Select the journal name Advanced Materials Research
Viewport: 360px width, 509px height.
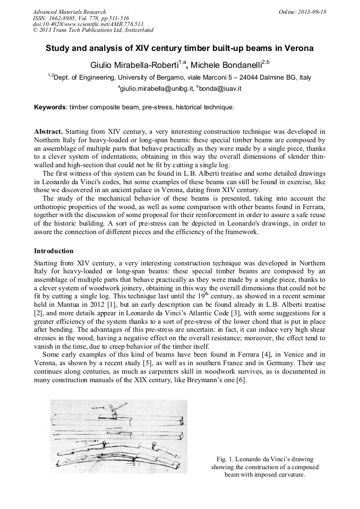point(69,12)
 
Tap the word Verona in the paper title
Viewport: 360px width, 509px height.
point(299,48)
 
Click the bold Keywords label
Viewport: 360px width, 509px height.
point(50,107)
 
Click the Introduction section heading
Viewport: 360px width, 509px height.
point(54,251)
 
